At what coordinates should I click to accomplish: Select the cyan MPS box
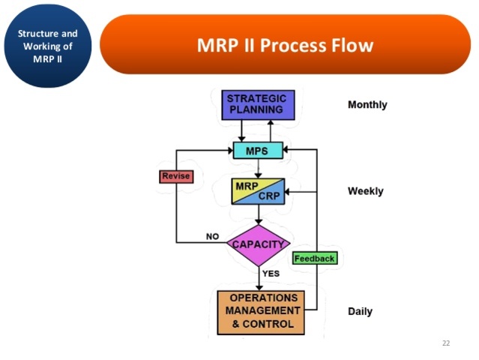[x=258, y=150]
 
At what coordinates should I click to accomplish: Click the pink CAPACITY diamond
[x=258, y=244]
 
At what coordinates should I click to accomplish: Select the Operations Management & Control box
[x=262, y=312]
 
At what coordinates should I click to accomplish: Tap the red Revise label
[x=176, y=176]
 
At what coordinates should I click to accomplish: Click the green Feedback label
[x=314, y=258]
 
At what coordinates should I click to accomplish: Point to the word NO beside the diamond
[x=212, y=236]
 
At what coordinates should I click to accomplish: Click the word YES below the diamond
[x=271, y=274]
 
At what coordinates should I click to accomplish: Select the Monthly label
[x=367, y=105]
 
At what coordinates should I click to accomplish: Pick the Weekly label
[x=365, y=191]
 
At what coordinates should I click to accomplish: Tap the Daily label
[x=360, y=311]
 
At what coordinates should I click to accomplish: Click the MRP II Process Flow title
[x=285, y=45]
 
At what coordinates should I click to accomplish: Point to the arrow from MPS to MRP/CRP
[x=258, y=168]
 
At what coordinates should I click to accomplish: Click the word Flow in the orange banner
[x=352, y=45]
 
